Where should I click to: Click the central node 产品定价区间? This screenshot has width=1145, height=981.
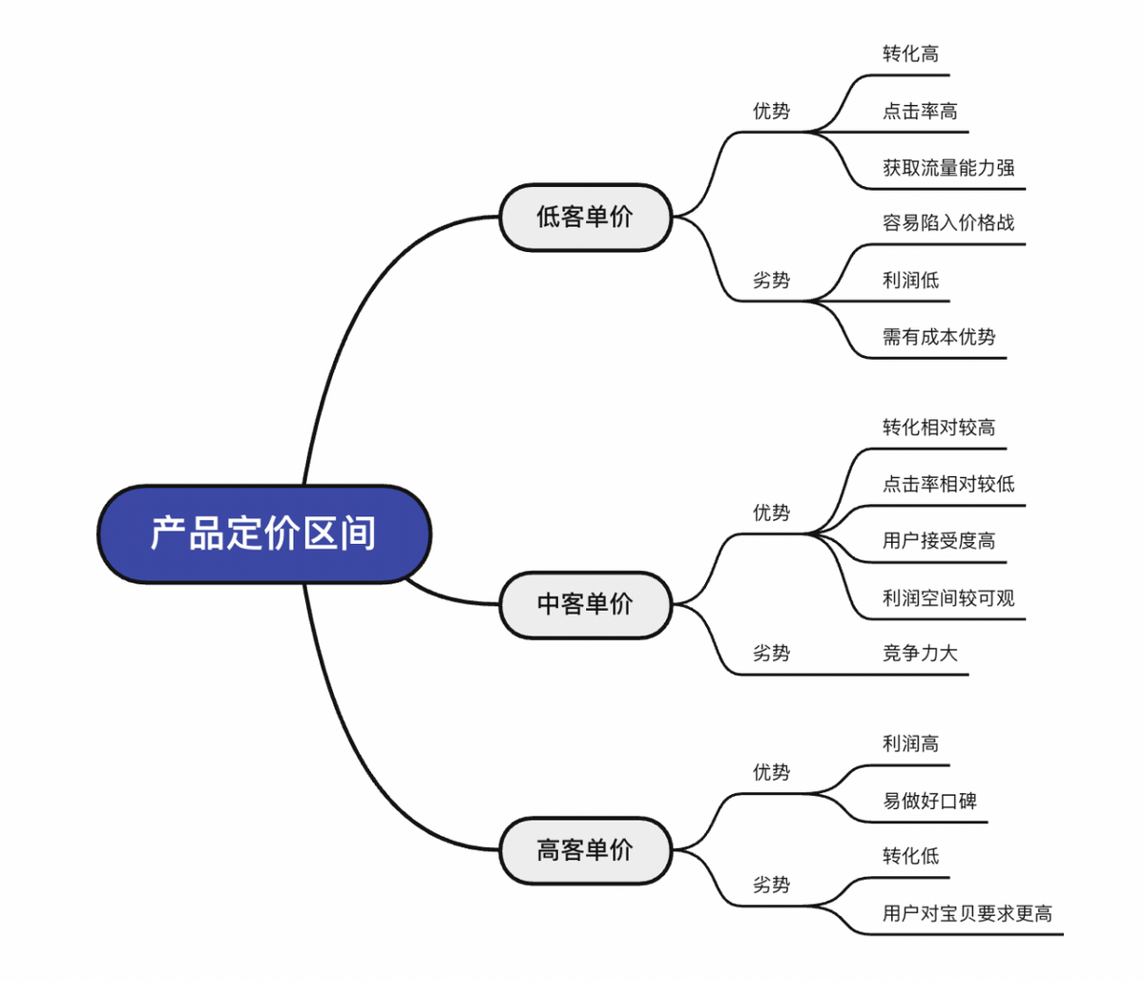pyautogui.click(x=263, y=533)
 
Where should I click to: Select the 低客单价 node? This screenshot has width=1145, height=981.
pyautogui.click(x=585, y=217)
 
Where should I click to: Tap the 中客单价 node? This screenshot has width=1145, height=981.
pyautogui.click(x=585, y=604)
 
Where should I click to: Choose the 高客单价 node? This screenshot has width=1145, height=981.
pyautogui.click(x=585, y=849)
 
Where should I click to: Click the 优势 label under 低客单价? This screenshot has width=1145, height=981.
pyautogui.click(x=771, y=111)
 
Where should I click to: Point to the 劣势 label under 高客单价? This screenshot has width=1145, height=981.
pyautogui.click(x=771, y=885)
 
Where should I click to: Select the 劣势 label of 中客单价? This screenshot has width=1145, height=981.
pyautogui.click(x=771, y=653)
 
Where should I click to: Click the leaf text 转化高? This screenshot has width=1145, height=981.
pyautogui.click(x=910, y=53)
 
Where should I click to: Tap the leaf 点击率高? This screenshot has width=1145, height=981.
pyautogui.click(x=920, y=111)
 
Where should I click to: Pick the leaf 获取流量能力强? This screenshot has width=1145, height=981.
pyautogui.click(x=948, y=168)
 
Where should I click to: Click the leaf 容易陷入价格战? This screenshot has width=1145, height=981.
pyautogui.click(x=948, y=222)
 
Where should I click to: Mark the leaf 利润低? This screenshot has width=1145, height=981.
pyautogui.click(x=910, y=280)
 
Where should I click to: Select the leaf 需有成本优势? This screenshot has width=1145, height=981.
pyautogui.click(x=939, y=337)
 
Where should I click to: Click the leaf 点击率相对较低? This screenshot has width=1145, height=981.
pyautogui.click(x=948, y=484)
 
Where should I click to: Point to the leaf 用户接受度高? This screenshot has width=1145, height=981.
pyautogui.click(x=939, y=541)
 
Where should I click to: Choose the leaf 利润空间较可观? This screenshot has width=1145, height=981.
pyautogui.click(x=948, y=598)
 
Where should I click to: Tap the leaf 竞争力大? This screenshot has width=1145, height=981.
pyautogui.click(x=920, y=653)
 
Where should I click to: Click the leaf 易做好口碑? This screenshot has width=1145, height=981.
pyautogui.click(x=929, y=801)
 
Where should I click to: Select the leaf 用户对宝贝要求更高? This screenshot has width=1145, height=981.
pyautogui.click(x=968, y=913)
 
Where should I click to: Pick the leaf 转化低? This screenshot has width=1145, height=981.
pyautogui.click(x=910, y=856)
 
